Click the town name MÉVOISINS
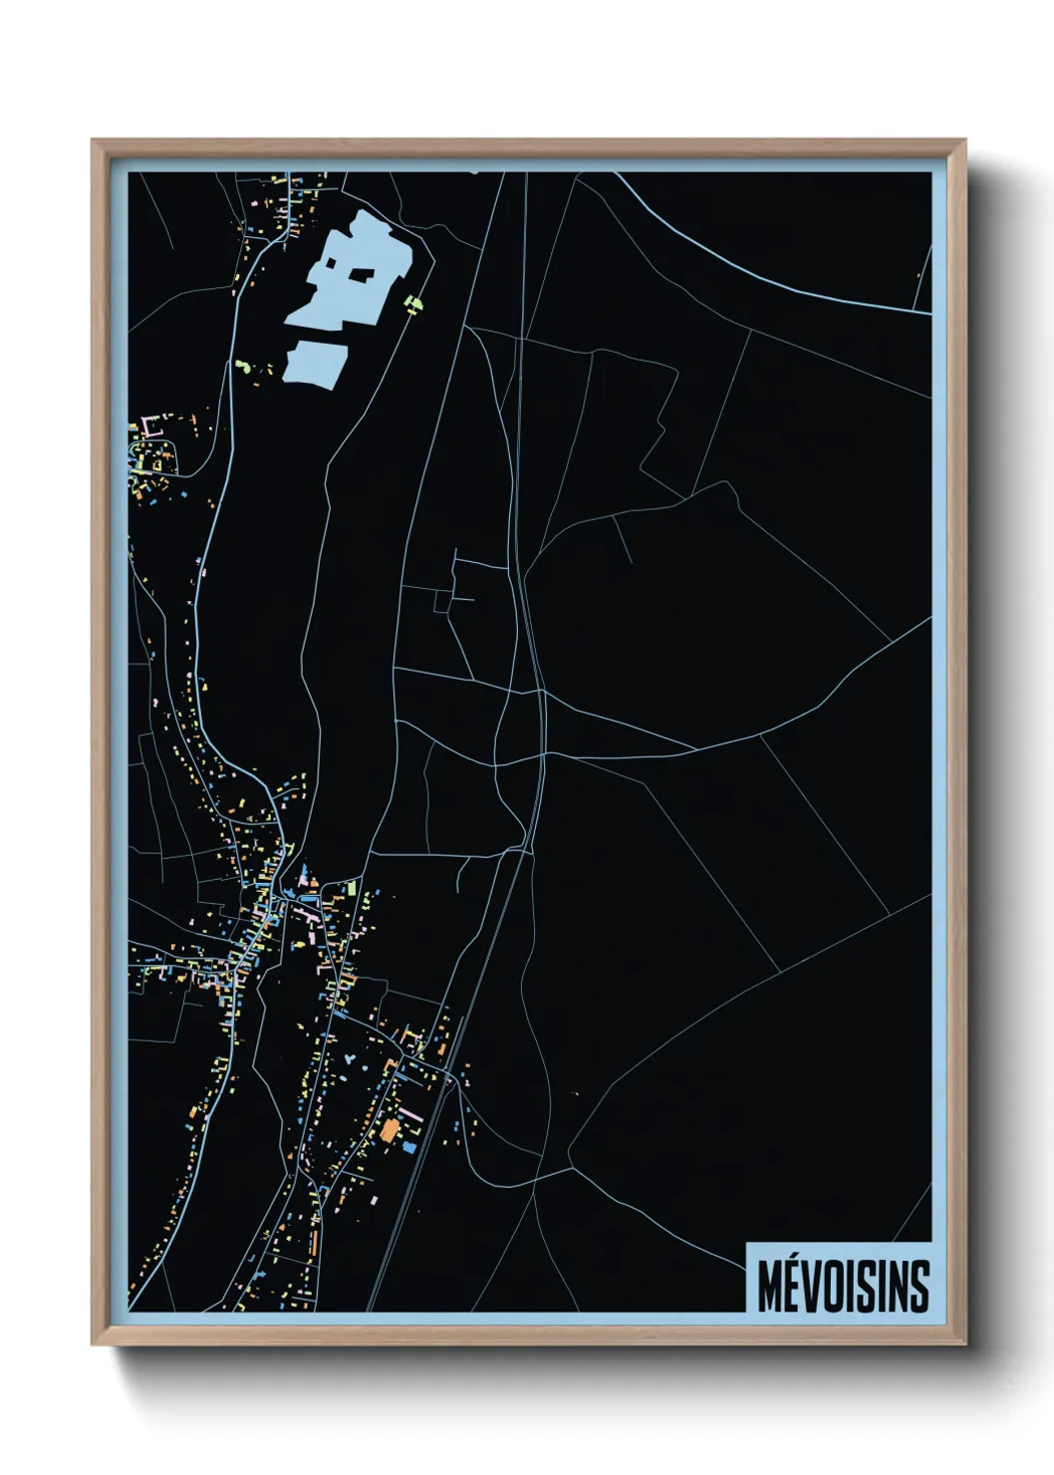[x=843, y=1286]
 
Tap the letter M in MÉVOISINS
[x=769, y=1287]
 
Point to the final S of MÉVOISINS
[x=919, y=1287]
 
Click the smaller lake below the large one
[x=315, y=361]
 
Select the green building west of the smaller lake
[x=241, y=366]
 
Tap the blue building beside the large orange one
[x=408, y=1148]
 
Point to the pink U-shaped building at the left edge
[x=150, y=427]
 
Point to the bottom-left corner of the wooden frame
[x=94, y=1344]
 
